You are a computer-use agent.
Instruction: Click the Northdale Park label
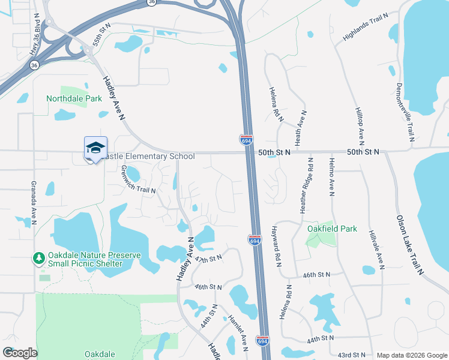coord(74,98)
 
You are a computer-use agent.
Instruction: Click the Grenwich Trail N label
coord(138,180)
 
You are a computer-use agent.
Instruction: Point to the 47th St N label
coord(208,259)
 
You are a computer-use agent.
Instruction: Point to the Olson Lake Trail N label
coord(409,244)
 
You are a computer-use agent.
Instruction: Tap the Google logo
coord(19,353)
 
